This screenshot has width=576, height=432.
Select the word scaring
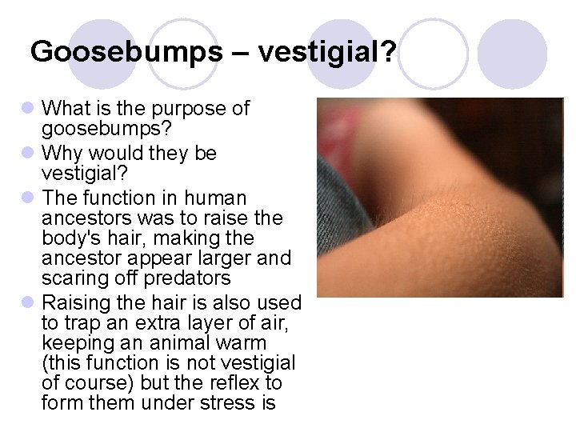pyautogui.click(x=74, y=279)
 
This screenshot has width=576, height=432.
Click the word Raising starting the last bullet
pyautogui.click(x=74, y=303)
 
